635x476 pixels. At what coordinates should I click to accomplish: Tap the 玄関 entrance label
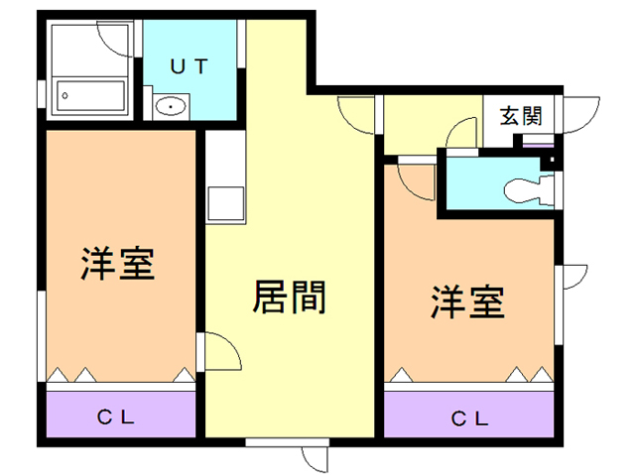click(x=520, y=116)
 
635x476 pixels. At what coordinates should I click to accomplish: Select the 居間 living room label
click(x=291, y=297)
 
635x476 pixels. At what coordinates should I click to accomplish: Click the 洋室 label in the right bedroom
click(x=467, y=302)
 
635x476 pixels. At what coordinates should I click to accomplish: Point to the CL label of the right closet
click(x=470, y=417)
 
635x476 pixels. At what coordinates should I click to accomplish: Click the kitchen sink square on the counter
click(x=224, y=202)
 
